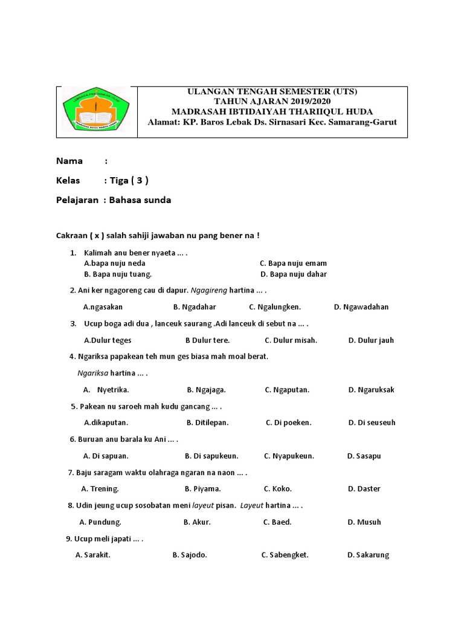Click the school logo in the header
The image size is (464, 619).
(x=97, y=112)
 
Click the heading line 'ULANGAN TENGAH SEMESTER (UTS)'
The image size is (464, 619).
(x=272, y=92)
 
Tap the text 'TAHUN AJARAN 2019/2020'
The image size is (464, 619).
(x=272, y=102)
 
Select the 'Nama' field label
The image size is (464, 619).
(x=69, y=161)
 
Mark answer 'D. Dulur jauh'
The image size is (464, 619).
(x=371, y=340)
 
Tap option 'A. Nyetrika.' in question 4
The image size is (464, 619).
(x=106, y=389)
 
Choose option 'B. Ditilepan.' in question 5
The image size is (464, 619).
(x=207, y=423)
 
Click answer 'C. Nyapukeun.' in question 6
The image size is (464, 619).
(x=289, y=456)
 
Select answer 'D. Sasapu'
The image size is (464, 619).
(x=364, y=456)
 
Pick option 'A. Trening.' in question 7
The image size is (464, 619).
(x=100, y=488)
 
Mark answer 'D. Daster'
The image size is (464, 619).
(x=364, y=488)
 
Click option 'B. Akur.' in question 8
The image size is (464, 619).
(x=197, y=522)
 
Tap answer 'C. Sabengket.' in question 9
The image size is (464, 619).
(x=285, y=555)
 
